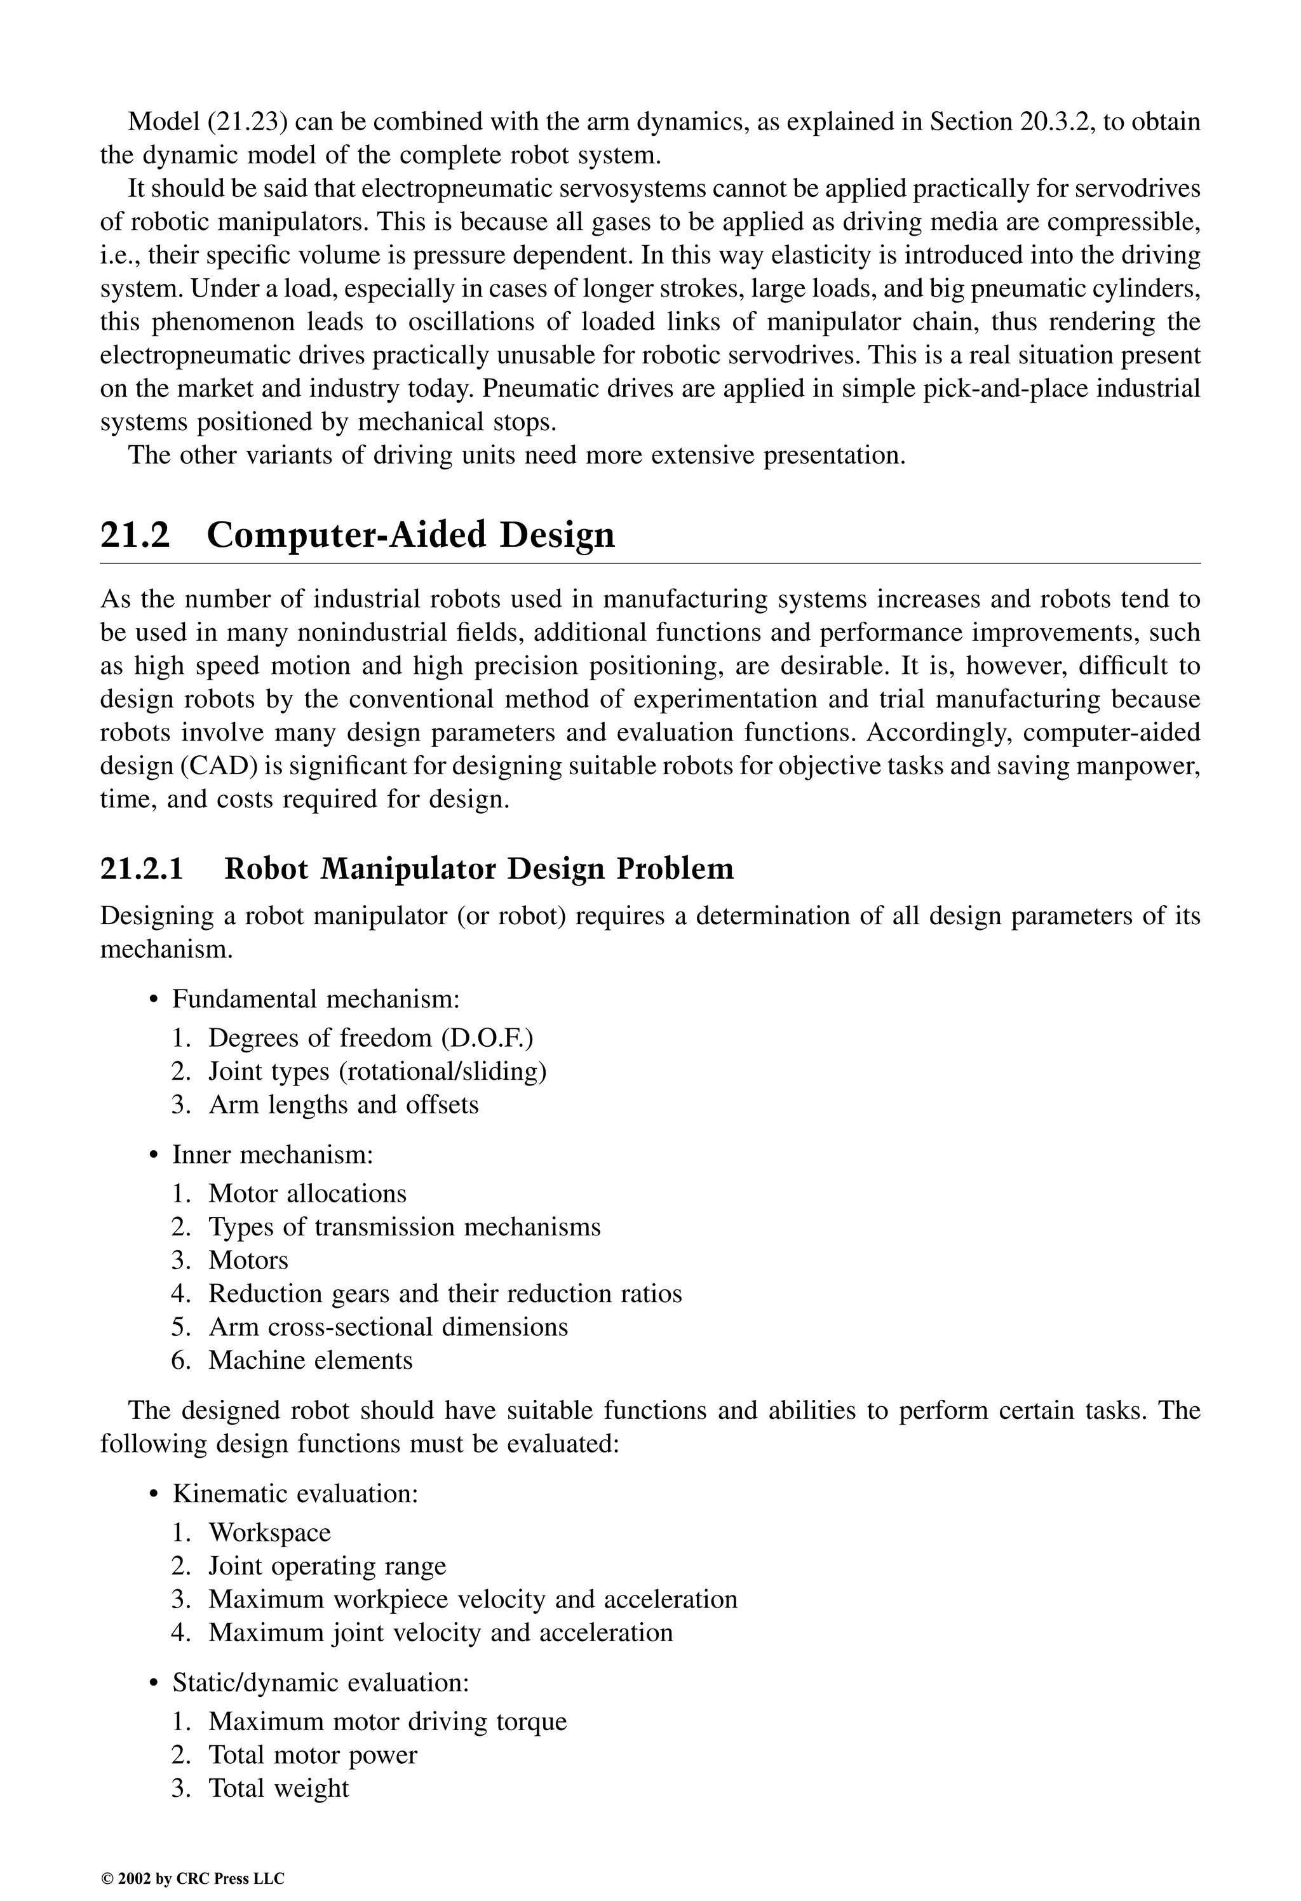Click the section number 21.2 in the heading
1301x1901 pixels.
135,536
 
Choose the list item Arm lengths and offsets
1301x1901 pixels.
343,1105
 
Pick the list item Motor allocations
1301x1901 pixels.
307,1194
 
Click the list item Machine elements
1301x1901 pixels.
310,1360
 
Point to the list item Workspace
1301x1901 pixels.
269,1533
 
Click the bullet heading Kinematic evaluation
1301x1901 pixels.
295,1495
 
